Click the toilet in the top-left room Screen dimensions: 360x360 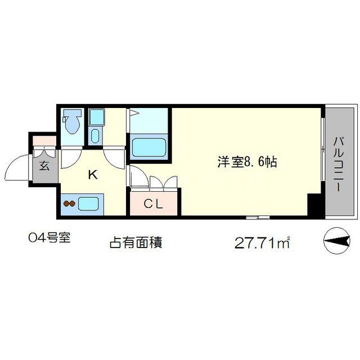point(72,121)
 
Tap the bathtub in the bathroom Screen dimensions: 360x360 point(149,147)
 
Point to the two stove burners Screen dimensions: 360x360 point(69,204)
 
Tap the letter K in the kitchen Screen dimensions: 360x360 point(92,175)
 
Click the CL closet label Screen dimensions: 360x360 point(154,204)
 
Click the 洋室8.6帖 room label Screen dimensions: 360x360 point(247,162)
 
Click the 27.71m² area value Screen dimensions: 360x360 point(262,244)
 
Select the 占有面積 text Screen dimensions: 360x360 point(135,244)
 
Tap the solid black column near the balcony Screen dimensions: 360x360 point(316,206)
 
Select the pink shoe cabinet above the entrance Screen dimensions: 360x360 point(44,141)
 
